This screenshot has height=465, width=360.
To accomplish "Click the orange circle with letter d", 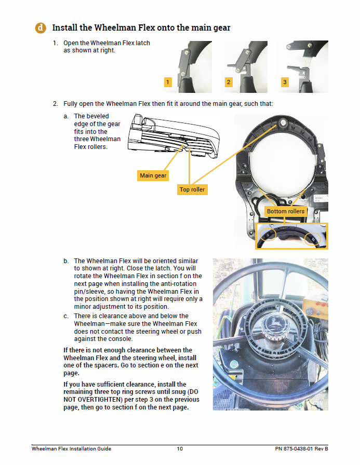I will click(x=40, y=28).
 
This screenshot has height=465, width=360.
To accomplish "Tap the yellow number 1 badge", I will click(x=167, y=82).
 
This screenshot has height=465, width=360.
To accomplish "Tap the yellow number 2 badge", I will click(x=228, y=82).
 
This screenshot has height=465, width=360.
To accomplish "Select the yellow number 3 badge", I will click(x=284, y=82).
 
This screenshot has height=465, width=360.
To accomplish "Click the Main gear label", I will click(x=153, y=175).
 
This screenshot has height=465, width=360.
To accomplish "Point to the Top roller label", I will click(x=192, y=189).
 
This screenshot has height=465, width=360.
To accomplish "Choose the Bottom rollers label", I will click(x=286, y=211).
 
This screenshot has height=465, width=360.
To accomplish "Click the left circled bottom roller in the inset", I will click(x=269, y=235).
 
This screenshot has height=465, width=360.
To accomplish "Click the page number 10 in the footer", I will click(x=179, y=448).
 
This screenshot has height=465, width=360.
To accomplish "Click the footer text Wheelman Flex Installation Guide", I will click(x=71, y=448).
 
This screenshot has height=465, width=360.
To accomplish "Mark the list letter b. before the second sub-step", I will click(x=66, y=261).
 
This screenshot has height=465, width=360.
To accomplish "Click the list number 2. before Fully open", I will click(x=56, y=104).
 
